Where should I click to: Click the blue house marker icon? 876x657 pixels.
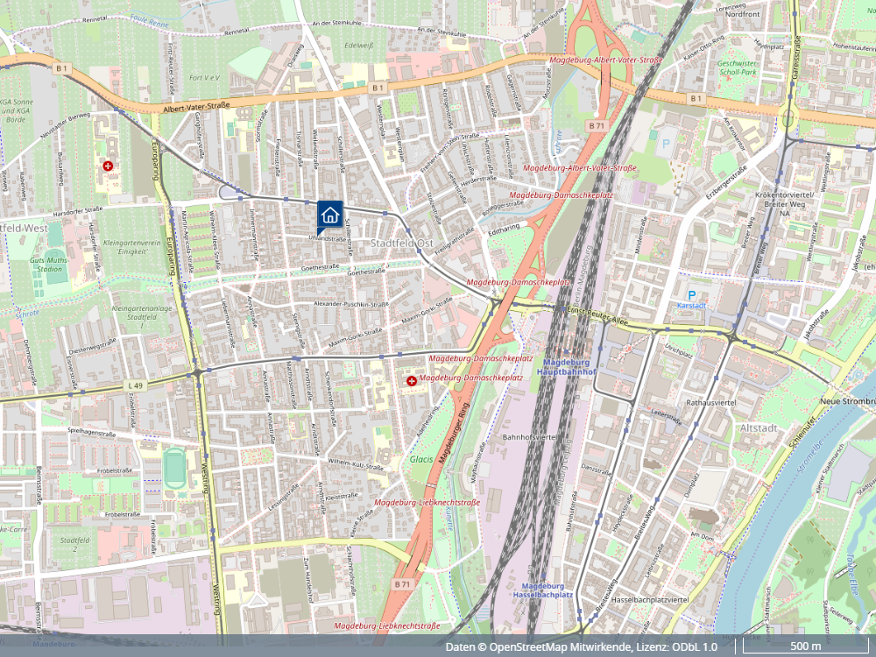point(328,214)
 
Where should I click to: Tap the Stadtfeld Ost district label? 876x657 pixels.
point(402,243)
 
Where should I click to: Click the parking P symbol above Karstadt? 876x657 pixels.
point(692,295)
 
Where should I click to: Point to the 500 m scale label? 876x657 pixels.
point(805,646)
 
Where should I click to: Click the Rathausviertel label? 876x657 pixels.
point(713,403)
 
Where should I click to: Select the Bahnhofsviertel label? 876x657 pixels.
point(530,435)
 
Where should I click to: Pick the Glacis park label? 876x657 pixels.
point(420,458)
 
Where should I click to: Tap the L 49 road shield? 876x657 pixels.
point(134,385)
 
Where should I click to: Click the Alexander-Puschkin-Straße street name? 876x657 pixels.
point(350,304)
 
